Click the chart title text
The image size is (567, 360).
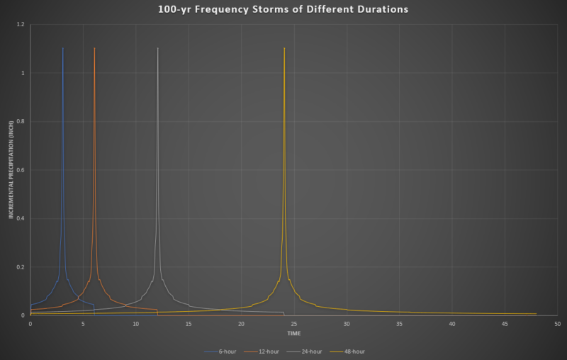(x=283, y=10)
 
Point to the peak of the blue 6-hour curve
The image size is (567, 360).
(x=63, y=48)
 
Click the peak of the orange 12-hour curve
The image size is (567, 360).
(x=94, y=48)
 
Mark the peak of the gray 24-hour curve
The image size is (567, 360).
(x=157, y=48)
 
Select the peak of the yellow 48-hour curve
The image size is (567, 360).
(x=284, y=48)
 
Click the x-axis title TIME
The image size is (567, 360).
(x=294, y=333)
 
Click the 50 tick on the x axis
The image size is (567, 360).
(x=558, y=324)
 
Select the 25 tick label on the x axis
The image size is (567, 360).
(x=294, y=324)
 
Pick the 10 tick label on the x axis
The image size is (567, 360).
(x=136, y=324)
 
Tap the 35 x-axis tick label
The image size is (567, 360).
(x=400, y=324)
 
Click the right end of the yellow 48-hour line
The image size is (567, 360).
(x=537, y=314)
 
